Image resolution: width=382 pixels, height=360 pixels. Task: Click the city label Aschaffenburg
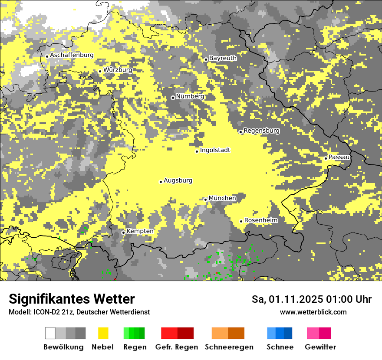click(72, 56)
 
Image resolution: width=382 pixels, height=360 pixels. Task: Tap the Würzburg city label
click(118, 70)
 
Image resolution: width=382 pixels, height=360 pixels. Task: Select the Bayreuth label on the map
click(223, 58)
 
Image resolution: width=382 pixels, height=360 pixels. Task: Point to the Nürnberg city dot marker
click(173, 98)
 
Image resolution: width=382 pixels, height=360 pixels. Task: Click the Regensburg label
click(261, 131)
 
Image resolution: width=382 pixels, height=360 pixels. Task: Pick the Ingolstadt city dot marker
click(197, 151)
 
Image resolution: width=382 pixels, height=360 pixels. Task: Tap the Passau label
click(339, 157)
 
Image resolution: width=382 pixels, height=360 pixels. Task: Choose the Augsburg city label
click(178, 180)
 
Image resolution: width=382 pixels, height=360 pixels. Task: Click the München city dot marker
click(205, 200)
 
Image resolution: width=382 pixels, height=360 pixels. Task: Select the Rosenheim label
click(261, 220)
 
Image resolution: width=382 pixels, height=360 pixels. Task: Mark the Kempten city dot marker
click(123, 232)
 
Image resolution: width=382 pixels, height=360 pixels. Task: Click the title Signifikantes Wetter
click(72, 299)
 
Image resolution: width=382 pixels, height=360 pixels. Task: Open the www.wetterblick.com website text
click(313, 312)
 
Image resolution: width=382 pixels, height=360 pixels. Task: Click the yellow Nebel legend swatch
click(103, 333)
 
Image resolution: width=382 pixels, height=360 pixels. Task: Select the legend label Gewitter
click(320, 347)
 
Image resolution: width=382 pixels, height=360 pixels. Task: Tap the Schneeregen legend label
click(229, 347)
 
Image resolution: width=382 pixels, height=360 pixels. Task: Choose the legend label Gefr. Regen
click(176, 347)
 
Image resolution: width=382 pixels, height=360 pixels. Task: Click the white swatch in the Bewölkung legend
click(50, 333)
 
